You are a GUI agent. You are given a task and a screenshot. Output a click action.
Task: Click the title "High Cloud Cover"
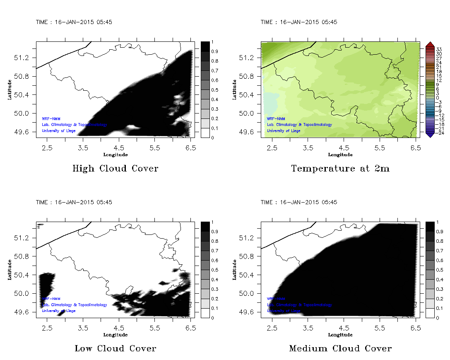pyautogui.click(x=115, y=169)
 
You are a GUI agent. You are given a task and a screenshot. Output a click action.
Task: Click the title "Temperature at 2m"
pyautogui.click(x=340, y=169)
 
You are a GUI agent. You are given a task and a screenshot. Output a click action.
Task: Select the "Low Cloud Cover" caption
pyautogui.click(x=116, y=348)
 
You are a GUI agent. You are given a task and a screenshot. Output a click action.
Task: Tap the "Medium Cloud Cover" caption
pyautogui.click(x=340, y=348)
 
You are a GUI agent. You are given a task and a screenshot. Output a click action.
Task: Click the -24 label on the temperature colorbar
pyautogui.click(x=440, y=133)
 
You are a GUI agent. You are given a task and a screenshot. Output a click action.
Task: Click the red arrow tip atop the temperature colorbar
pyautogui.click(x=430, y=43)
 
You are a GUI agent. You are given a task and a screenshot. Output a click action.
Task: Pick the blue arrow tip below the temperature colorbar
pyautogui.click(x=430, y=135)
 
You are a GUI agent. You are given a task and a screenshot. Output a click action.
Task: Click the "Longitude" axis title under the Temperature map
pyautogui.click(x=340, y=155)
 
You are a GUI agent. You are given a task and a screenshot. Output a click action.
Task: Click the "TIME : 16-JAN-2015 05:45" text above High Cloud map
pyautogui.click(x=74, y=22)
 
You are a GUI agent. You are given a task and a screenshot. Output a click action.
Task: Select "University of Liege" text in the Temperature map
pyautogui.click(x=284, y=131)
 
